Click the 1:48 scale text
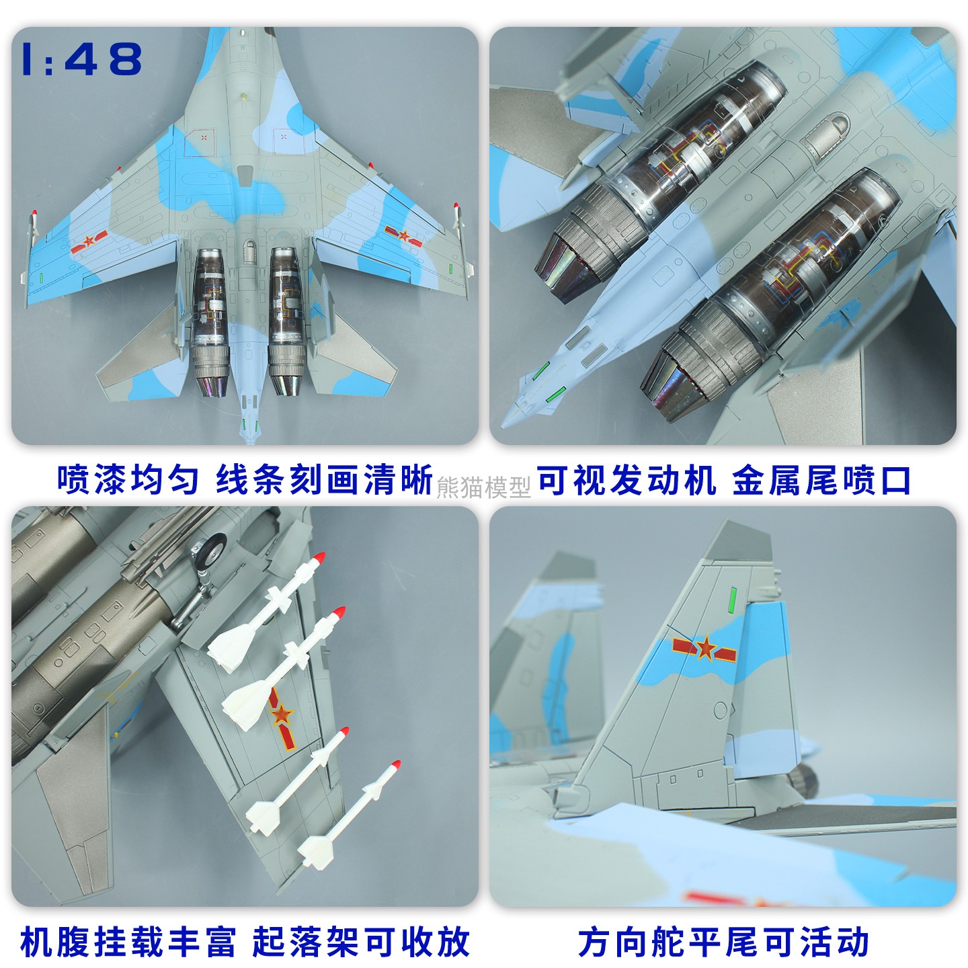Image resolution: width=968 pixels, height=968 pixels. coord(82,58)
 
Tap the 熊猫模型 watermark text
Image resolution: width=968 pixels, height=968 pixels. coord(483,487)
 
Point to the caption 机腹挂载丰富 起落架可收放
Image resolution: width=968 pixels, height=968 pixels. coord(245,942)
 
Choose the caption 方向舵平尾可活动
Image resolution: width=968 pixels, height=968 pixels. coord(724,942)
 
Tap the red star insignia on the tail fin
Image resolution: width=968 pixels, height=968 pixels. coord(704,649)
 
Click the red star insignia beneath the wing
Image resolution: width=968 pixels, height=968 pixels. coord(281,716)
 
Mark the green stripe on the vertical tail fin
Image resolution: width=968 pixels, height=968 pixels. coord(733,600)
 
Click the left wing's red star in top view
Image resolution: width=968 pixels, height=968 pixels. coord(88,242)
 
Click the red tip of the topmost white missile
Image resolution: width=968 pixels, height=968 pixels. coord(320,557)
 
